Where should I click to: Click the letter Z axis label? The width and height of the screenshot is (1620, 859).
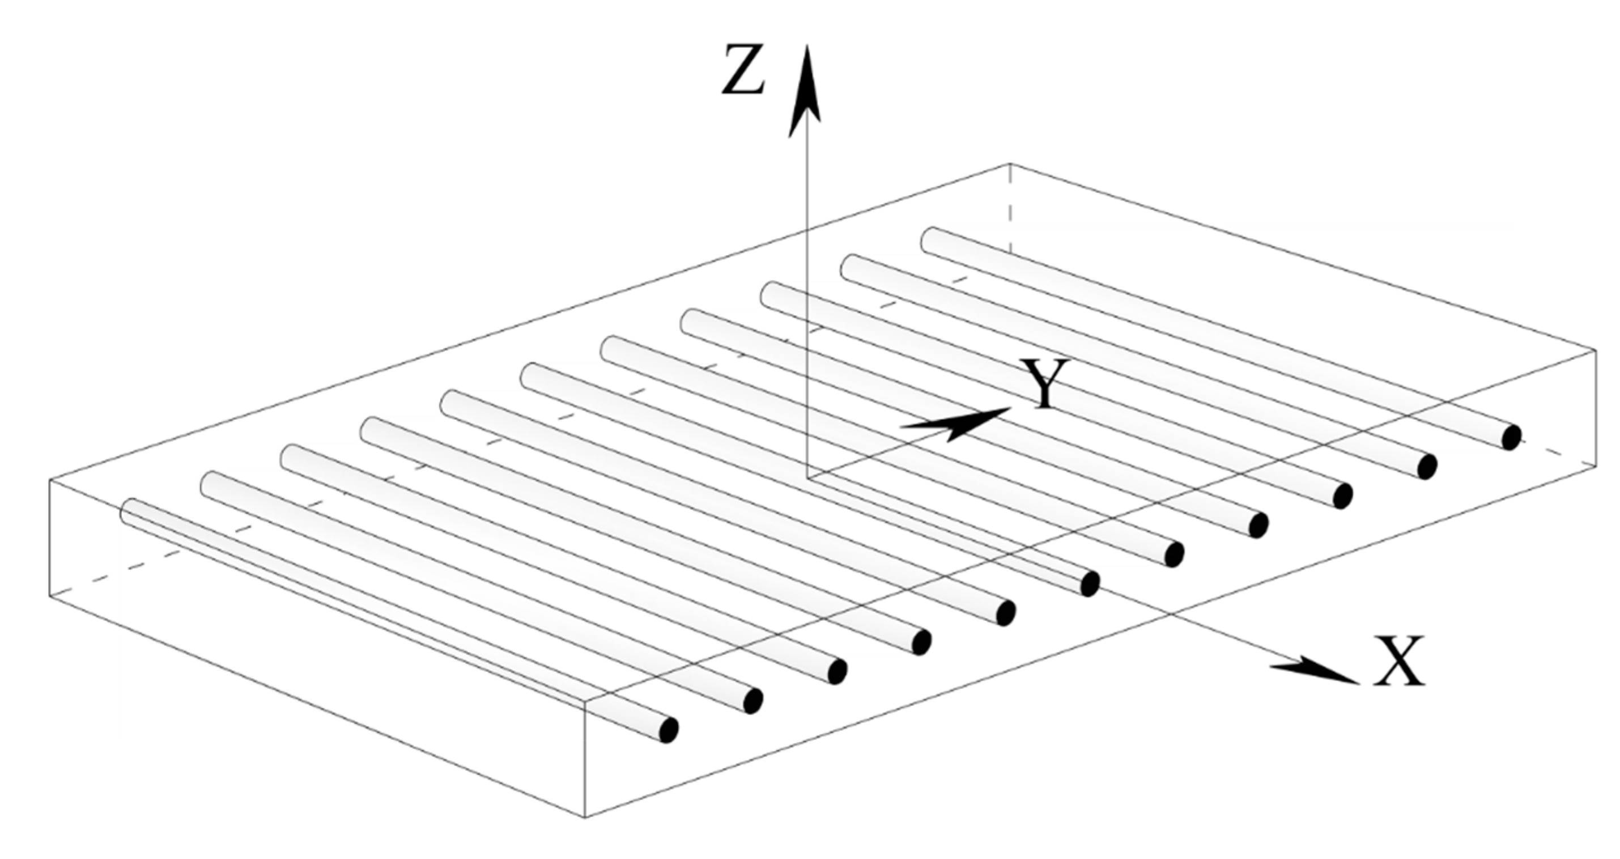point(743,70)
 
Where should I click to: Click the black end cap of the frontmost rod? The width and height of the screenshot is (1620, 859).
point(668,729)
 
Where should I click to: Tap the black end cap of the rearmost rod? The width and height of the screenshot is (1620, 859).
point(1511,437)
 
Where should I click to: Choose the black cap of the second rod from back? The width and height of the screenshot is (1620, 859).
point(1427,466)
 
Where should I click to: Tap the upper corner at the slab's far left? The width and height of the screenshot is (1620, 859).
point(50,480)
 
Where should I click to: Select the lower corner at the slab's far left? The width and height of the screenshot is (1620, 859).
point(50,595)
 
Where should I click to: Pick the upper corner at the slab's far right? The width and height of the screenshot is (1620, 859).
point(1596,349)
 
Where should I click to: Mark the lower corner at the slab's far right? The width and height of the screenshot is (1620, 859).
point(1596,467)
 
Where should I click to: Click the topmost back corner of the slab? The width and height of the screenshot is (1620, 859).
point(1010,164)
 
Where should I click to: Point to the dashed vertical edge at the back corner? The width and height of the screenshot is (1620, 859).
point(1010,208)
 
